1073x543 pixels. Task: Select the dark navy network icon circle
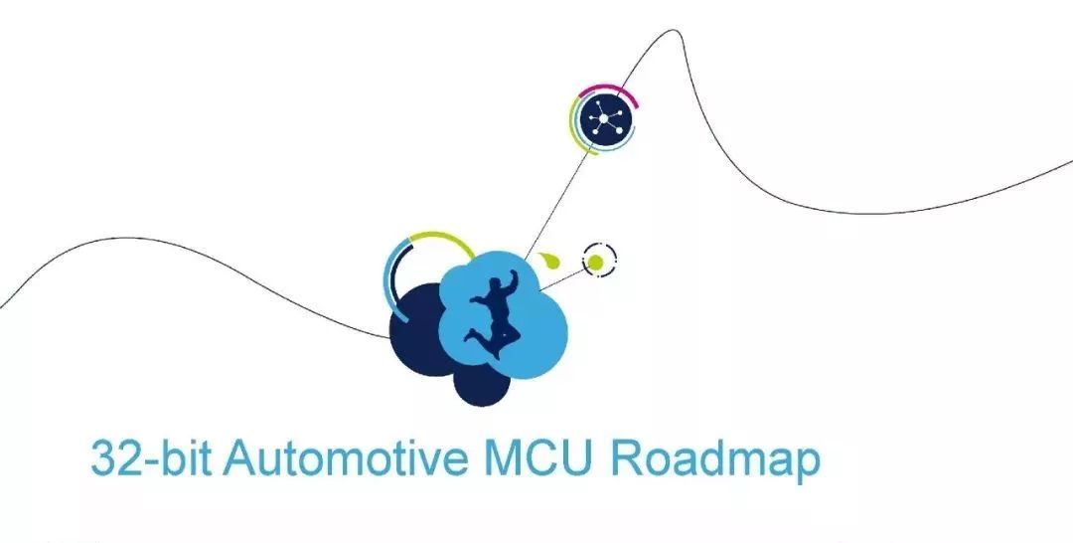coord(604,118)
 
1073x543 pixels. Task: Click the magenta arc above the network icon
coord(611,90)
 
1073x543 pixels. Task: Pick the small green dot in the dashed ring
coord(595,262)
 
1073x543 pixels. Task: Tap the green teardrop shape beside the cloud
coord(550,261)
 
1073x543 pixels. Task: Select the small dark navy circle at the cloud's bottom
coord(482,384)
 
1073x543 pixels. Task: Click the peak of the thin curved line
coord(672,30)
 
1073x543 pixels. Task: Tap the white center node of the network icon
coord(604,118)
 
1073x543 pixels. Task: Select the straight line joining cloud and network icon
coord(556,203)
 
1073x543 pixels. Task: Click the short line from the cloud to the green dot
coord(563,278)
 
